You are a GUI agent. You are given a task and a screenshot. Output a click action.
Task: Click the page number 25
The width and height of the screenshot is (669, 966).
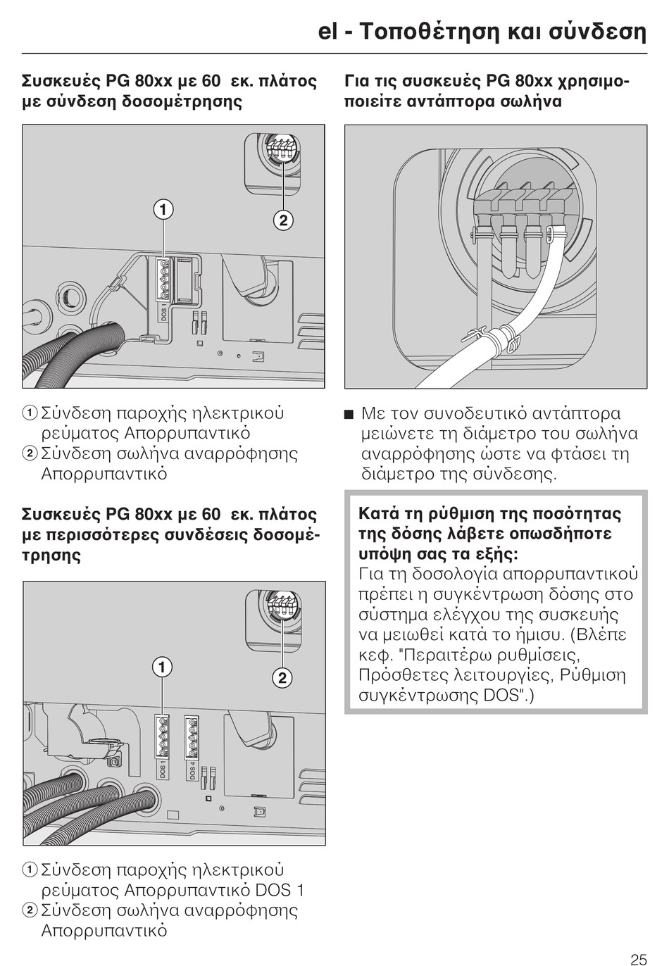click(x=638, y=958)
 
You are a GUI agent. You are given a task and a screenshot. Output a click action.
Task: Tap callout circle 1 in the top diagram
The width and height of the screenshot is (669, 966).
click(x=163, y=209)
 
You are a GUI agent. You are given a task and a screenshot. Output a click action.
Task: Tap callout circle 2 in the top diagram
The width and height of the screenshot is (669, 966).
click(x=282, y=220)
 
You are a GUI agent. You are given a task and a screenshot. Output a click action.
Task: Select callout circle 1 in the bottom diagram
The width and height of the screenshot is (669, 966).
click(x=163, y=667)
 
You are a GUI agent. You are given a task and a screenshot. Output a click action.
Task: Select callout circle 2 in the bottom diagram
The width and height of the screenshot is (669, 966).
click(x=282, y=678)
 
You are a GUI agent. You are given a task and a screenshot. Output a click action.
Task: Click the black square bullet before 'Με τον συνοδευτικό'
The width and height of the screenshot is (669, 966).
click(x=349, y=414)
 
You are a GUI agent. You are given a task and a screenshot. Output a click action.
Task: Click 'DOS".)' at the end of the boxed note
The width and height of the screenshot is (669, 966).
click(x=509, y=696)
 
